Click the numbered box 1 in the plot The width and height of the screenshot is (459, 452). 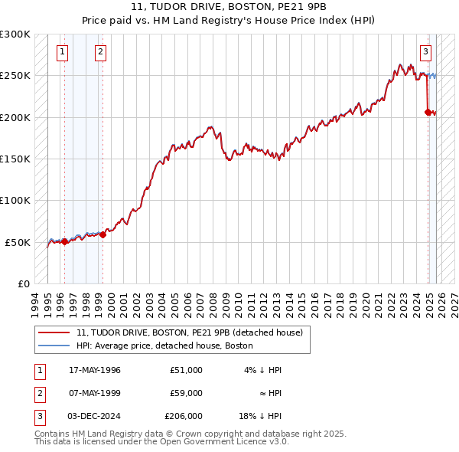(x=62, y=52)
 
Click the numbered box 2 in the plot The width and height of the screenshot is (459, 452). (x=100, y=52)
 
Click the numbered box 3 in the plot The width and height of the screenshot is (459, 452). (x=425, y=52)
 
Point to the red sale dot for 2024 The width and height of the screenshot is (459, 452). (x=428, y=112)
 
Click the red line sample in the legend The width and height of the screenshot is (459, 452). (x=54, y=332)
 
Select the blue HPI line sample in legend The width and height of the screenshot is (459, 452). (x=54, y=346)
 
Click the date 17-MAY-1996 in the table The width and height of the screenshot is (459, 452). (x=95, y=370)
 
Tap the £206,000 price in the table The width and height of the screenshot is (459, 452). (x=184, y=416)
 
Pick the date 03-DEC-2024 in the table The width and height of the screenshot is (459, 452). (x=95, y=416)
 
